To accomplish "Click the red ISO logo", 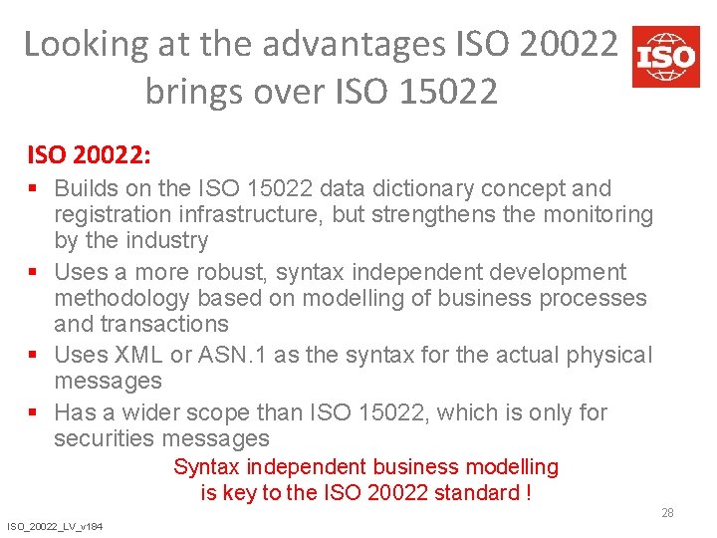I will pyautogui.click(x=665, y=56).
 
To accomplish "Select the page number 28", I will pyautogui.click(x=667, y=513).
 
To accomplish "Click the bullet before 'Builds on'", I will pyautogui.click(x=35, y=188).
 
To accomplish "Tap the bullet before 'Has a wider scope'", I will pyautogui.click(x=35, y=412).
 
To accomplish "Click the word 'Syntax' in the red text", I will pyautogui.click(x=207, y=466).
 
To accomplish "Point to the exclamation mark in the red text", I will pyautogui.click(x=527, y=492).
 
